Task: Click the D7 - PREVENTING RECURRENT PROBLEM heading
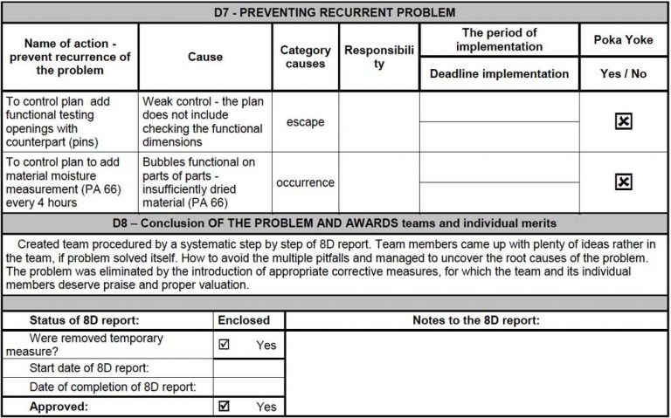coord(335,12)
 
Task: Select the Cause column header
coord(204,57)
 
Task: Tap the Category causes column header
coord(305,57)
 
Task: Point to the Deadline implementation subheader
coord(499,73)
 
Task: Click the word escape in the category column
coord(305,121)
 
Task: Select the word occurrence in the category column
coord(305,182)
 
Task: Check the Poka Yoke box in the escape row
coord(623,121)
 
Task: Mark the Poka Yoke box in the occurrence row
coord(623,182)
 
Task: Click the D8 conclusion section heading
coord(335,223)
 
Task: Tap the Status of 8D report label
coord(84,320)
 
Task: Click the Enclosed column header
coord(249,320)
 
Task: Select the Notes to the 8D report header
coord(475,320)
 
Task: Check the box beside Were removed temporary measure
coord(225,344)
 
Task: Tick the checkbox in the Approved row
coord(225,406)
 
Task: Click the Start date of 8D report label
coord(89,367)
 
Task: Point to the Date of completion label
coord(112,387)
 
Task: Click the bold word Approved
coord(60,406)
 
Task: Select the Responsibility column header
coord(378,57)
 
